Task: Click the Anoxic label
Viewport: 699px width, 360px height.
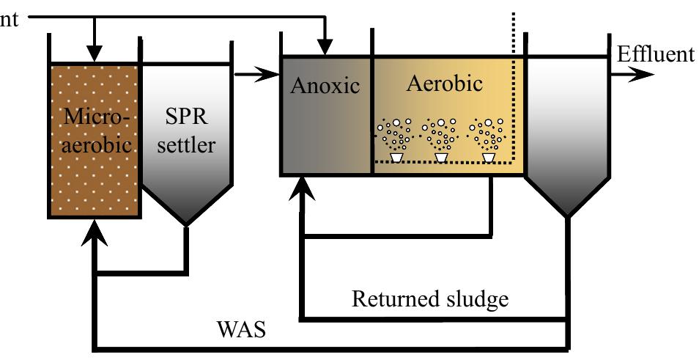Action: coord(325,85)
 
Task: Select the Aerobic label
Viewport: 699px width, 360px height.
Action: coord(445,83)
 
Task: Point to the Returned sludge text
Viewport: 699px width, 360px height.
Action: coord(430,299)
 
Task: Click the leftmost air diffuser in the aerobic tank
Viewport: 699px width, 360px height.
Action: coord(396,157)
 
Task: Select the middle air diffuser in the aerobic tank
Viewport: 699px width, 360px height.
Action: coord(443,157)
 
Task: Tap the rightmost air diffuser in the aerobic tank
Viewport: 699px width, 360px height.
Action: coord(489,157)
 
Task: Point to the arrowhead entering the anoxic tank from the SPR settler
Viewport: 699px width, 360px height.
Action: coord(270,74)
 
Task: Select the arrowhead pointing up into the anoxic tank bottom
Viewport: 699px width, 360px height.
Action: coord(303,188)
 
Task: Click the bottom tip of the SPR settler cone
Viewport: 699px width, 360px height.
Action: coord(186,223)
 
